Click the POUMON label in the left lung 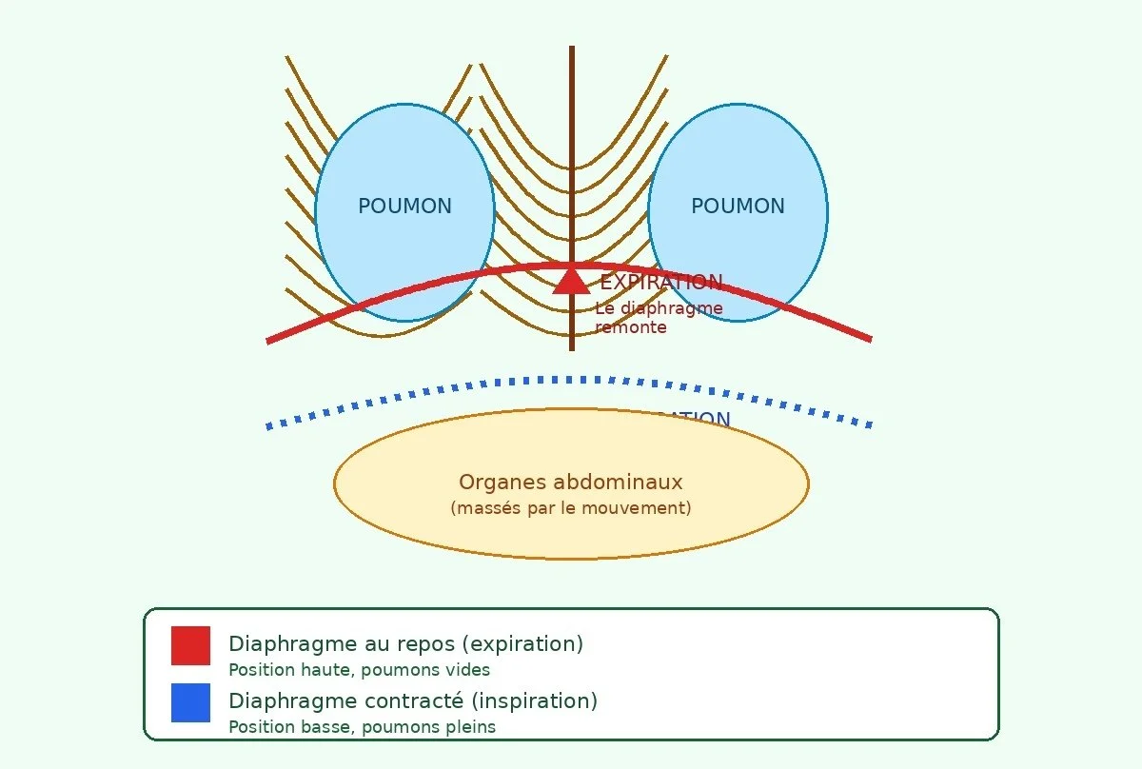click(x=404, y=207)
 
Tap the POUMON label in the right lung click(x=738, y=207)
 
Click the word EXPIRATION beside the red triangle click(x=660, y=283)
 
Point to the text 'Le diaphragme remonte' click(x=659, y=318)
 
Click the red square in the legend click(x=190, y=645)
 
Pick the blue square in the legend click(x=190, y=702)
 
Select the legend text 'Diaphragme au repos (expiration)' click(x=405, y=644)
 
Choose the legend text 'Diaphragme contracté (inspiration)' click(x=413, y=701)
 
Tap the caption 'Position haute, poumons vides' click(x=359, y=670)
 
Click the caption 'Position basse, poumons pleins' click(x=362, y=727)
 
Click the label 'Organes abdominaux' click(x=571, y=483)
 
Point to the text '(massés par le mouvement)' click(x=571, y=508)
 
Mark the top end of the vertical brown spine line click(x=572, y=48)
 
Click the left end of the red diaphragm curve click(x=269, y=340)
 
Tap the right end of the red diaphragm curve click(x=869, y=338)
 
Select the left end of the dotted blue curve click(x=269, y=426)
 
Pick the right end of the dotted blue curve click(x=869, y=424)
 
